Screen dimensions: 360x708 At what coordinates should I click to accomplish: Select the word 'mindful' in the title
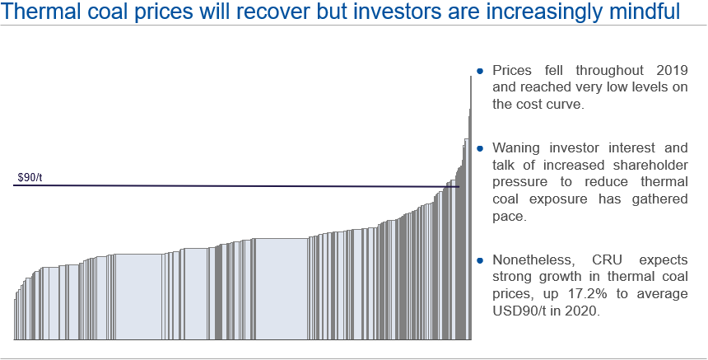pyautogui.click(x=636, y=13)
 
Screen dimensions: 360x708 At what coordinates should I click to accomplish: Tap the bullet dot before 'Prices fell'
pyautogui.click(x=479, y=71)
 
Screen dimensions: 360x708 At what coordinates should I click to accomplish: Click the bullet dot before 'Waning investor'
pyautogui.click(x=479, y=148)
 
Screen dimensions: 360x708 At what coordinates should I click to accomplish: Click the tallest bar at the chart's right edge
pyautogui.click(x=470, y=206)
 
